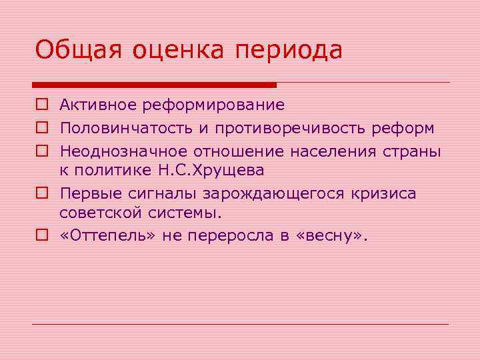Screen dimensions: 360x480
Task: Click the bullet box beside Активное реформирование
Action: pyautogui.click(x=41, y=105)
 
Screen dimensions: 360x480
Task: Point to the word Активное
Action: pyautogui.click(x=93, y=105)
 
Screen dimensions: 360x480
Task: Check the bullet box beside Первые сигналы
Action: pyautogui.click(x=41, y=193)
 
